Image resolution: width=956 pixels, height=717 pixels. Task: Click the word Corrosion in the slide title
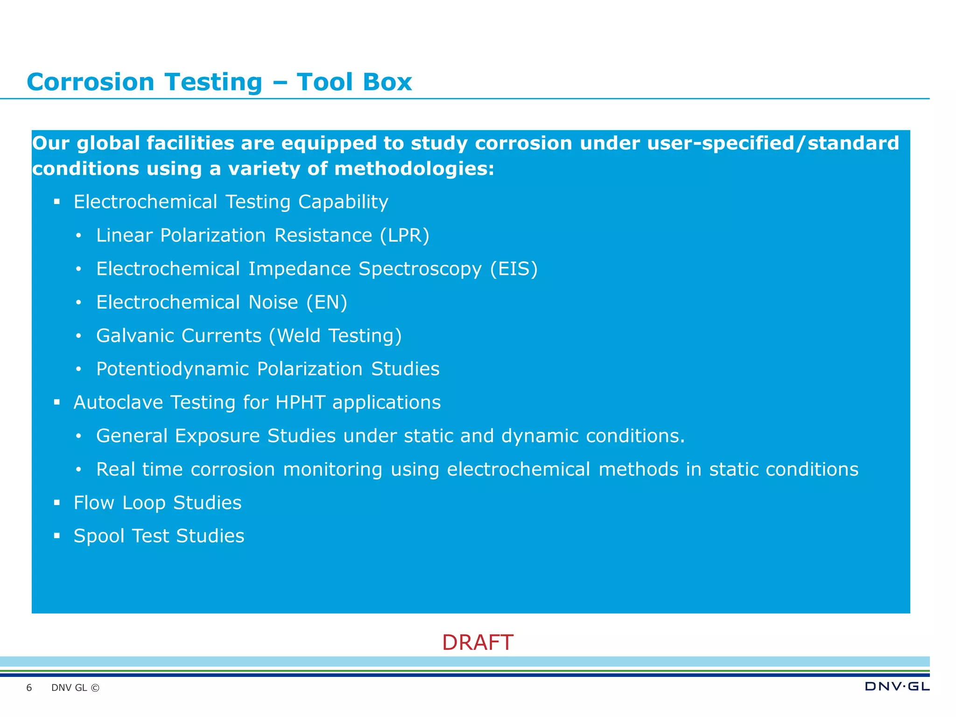point(90,82)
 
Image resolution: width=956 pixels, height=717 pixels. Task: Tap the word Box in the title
point(387,82)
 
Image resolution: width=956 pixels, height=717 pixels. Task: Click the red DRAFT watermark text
point(478,643)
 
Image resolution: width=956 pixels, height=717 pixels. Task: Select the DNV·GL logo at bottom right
point(897,686)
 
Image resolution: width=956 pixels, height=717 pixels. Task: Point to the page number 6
point(29,688)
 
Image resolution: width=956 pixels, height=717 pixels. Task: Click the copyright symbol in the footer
point(95,688)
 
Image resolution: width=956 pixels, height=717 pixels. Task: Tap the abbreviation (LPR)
point(404,235)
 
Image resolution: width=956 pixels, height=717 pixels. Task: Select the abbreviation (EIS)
point(513,269)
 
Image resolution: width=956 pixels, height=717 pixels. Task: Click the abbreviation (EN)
point(327,302)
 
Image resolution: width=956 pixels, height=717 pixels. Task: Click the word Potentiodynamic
point(172,369)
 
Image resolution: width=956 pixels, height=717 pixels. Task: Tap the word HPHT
point(300,402)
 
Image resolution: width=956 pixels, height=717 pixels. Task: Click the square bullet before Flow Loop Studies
point(57,503)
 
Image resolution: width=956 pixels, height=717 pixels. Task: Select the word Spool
point(99,536)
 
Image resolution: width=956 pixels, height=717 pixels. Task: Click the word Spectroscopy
point(420,269)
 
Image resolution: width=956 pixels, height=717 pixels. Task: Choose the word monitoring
point(332,470)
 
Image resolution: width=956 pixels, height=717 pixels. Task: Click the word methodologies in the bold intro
point(414,169)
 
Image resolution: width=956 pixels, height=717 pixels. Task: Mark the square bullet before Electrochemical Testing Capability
point(57,202)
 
